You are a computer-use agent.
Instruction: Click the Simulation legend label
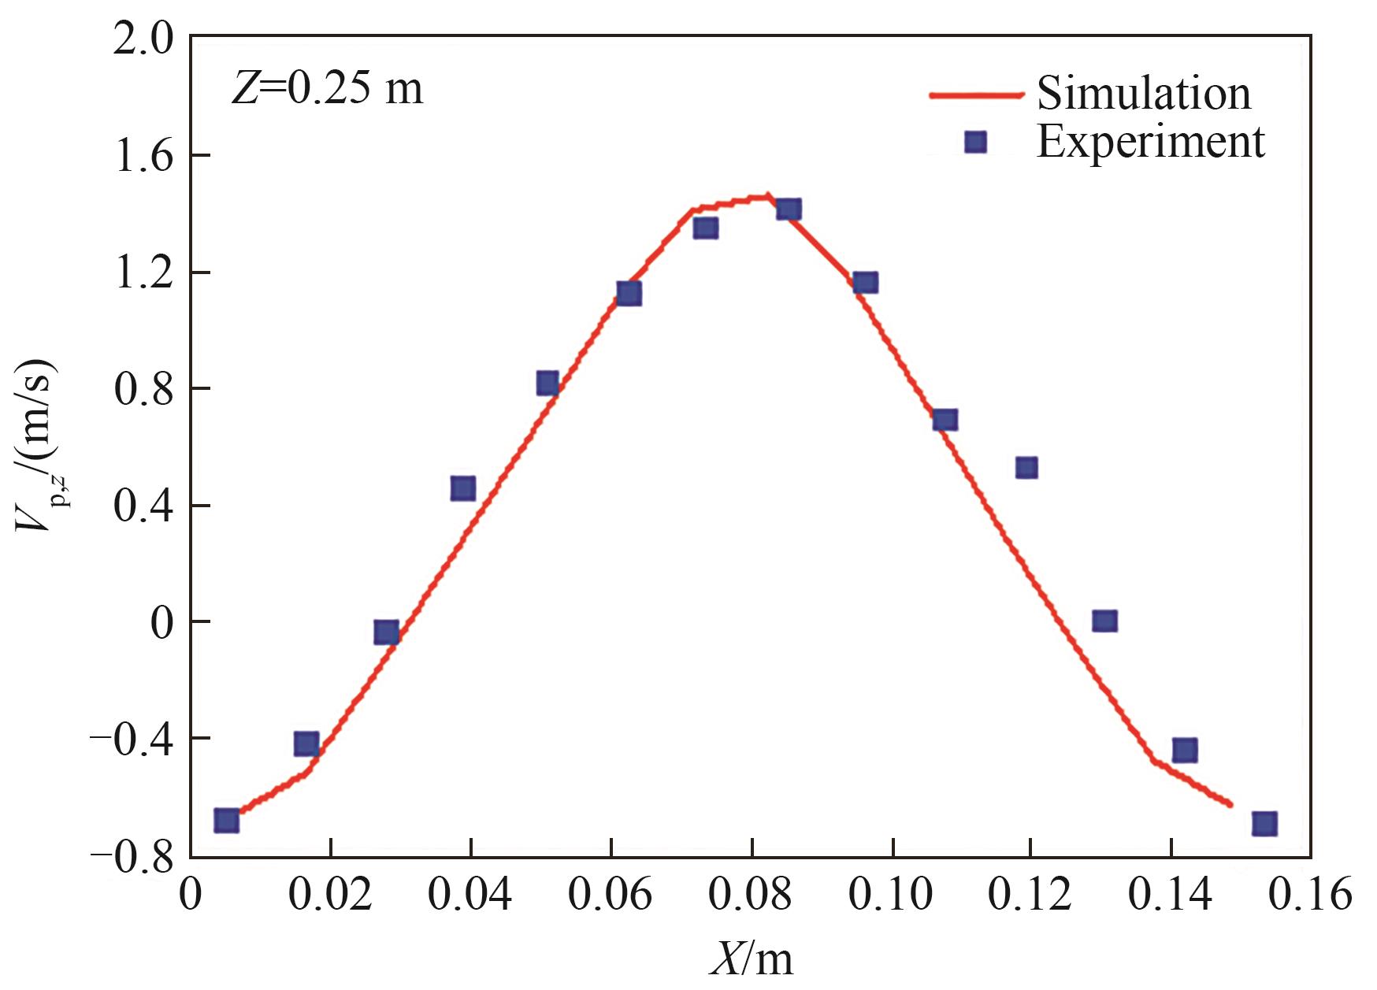(x=1143, y=93)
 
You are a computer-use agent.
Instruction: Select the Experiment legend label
(x=1150, y=143)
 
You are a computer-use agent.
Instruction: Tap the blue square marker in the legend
(x=976, y=142)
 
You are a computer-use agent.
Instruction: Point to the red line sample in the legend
(x=976, y=95)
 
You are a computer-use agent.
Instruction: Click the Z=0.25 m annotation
(x=327, y=88)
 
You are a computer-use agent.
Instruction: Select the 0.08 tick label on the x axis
(x=752, y=897)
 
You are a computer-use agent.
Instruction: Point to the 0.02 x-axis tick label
(x=331, y=897)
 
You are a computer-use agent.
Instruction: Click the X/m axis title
(x=752, y=959)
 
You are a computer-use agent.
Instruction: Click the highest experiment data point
(x=789, y=209)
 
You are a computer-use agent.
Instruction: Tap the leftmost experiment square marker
(x=226, y=820)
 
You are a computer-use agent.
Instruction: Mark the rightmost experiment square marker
(x=1264, y=823)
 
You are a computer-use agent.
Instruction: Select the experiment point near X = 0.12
(x=1026, y=468)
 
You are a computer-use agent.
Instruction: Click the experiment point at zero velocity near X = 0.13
(x=1104, y=621)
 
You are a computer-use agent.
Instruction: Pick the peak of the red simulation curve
(x=765, y=196)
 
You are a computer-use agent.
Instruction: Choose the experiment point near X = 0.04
(x=463, y=488)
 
